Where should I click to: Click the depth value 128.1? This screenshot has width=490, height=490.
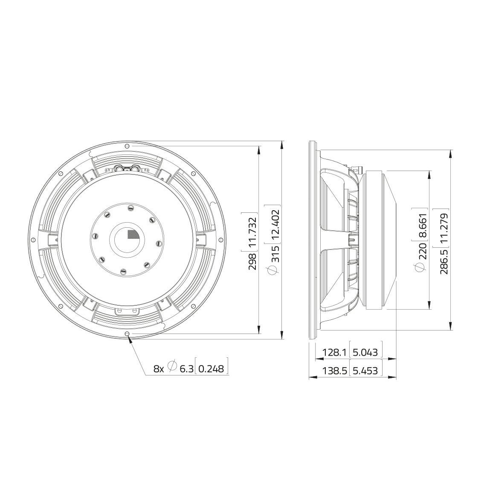[x=332, y=353]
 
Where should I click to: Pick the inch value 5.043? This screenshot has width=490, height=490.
[x=365, y=353]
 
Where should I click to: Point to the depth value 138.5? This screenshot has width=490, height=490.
[x=332, y=371]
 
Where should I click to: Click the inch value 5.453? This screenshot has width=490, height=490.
[x=365, y=371]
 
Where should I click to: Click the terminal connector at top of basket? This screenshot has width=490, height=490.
[x=127, y=169]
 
